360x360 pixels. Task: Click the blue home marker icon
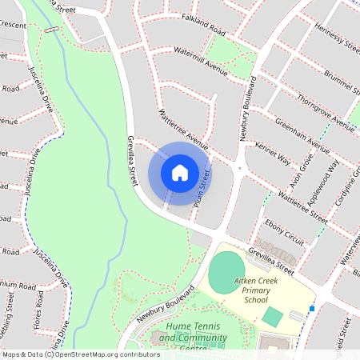pos(179,172)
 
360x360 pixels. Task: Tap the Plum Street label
pos(203,189)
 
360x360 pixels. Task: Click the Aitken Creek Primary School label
pos(261,290)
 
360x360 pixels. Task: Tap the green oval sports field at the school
pos(228,271)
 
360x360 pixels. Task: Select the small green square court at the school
pos(272,317)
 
